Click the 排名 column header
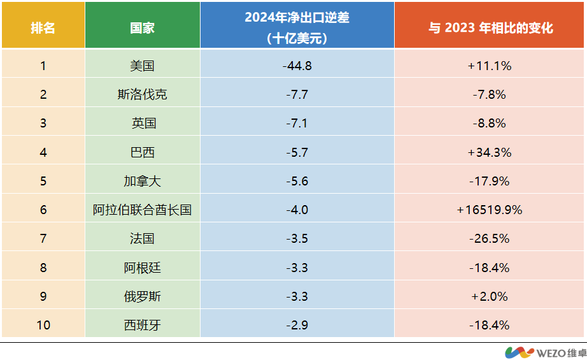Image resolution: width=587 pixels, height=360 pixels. (43, 29)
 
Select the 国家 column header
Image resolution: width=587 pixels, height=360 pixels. (142, 29)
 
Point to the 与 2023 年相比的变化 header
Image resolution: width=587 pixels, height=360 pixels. (490, 29)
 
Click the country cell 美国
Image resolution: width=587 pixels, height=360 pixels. (142, 65)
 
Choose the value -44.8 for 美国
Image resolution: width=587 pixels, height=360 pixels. (297, 65)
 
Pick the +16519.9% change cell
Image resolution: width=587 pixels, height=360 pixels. (490, 210)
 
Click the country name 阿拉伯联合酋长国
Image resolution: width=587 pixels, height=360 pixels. (142, 210)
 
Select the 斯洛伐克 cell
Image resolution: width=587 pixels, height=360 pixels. (142, 94)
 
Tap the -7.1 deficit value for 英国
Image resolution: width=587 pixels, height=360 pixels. (297, 123)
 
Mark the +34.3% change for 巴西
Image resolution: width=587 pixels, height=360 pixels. (490, 152)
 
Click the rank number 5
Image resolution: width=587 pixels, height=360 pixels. (43, 181)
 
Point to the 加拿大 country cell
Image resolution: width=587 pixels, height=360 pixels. (142, 181)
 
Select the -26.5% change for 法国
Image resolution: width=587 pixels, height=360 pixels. (490, 238)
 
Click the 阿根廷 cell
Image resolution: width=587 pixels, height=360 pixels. (142, 268)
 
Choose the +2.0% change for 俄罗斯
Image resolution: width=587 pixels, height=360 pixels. (490, 296)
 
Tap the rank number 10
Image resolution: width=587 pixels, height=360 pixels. (43, 325)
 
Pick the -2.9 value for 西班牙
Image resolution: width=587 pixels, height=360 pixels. (297, 325)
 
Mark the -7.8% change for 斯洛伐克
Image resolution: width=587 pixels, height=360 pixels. (490, 94)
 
